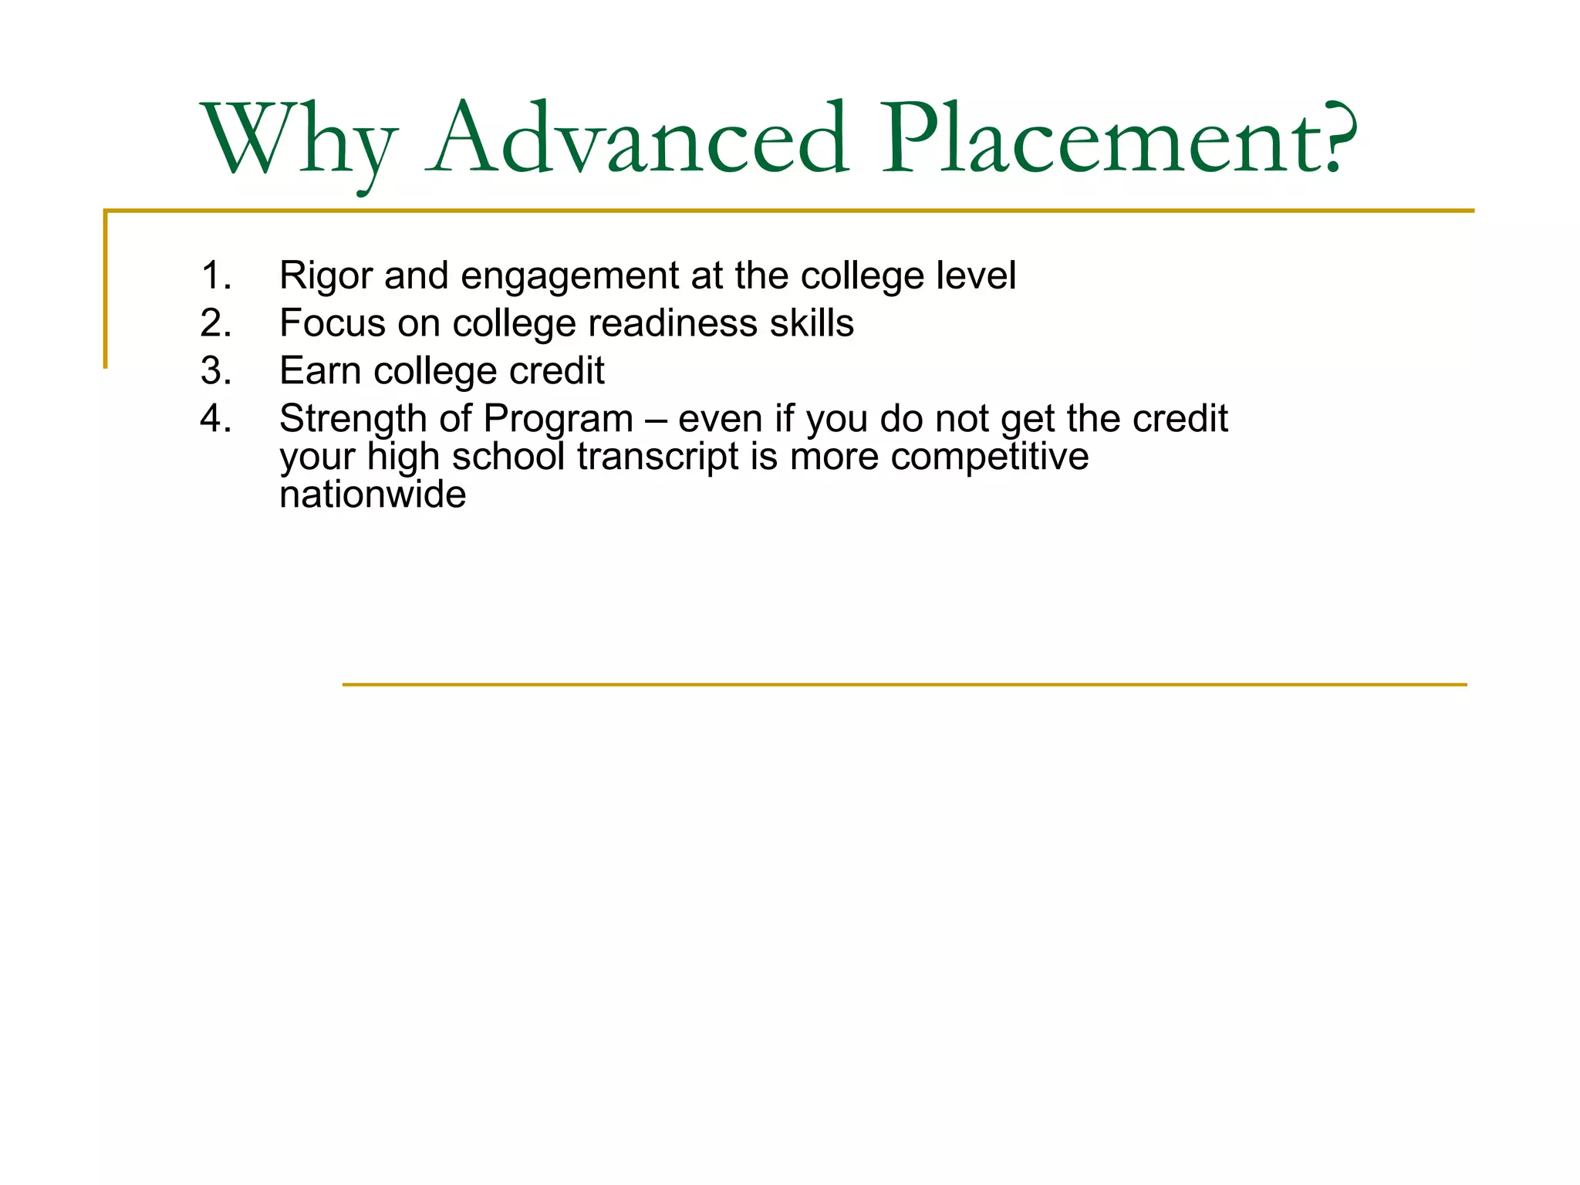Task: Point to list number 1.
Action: tap(215, 275)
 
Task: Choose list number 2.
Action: tap(215, 323)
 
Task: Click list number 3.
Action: tap(215, 371)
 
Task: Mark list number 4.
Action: tap(215, 419)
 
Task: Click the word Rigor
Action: tap(326, 276)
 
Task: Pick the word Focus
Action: tap(332, 323)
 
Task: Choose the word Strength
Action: tap(353, 420)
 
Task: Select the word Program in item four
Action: tap(558, 420)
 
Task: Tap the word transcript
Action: tap(658, 457)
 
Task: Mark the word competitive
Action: tap(989, 457)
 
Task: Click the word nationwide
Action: tap(373, 495)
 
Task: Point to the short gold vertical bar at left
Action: tap(106, 289)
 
